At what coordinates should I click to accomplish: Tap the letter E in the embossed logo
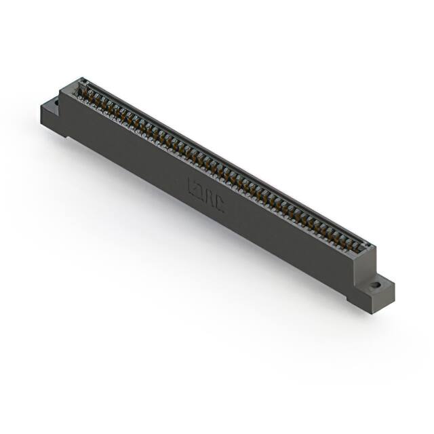pyautogui.click(x=191, y=185)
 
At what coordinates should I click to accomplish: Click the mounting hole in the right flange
pyautogui.click(x=374, y=285)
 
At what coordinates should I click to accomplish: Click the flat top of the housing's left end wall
pyautogui.click(x=71, y=86)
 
